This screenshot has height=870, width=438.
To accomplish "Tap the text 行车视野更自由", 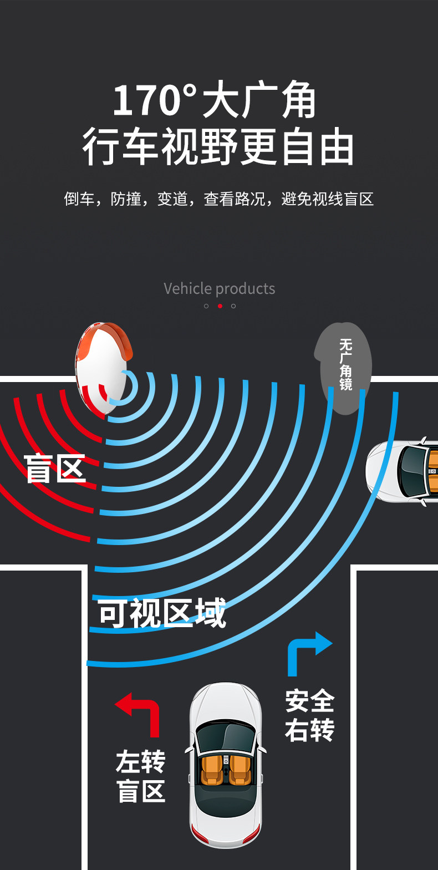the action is coord(218,147).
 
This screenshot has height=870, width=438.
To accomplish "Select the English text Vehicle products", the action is coord(219,288).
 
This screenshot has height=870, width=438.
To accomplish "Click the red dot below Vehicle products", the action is coord(220,306).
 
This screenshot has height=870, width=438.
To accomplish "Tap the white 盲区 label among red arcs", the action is coord(54,469).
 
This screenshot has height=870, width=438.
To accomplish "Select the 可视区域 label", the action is coord(162,613).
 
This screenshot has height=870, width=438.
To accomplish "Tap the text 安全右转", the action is coord(309,715).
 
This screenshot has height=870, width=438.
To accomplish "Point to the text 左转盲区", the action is coord(141,776).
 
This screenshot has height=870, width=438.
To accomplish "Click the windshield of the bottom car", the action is coord(225,736).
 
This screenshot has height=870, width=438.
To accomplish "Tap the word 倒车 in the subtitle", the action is coord(79,199).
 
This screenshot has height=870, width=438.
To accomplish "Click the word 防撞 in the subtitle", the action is coord(126,199).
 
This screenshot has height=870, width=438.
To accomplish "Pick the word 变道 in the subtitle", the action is coord(172,199).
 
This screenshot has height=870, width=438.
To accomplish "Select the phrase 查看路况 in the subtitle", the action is coord(235,199).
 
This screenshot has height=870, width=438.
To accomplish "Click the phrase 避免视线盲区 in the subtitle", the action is coord(327,199).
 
